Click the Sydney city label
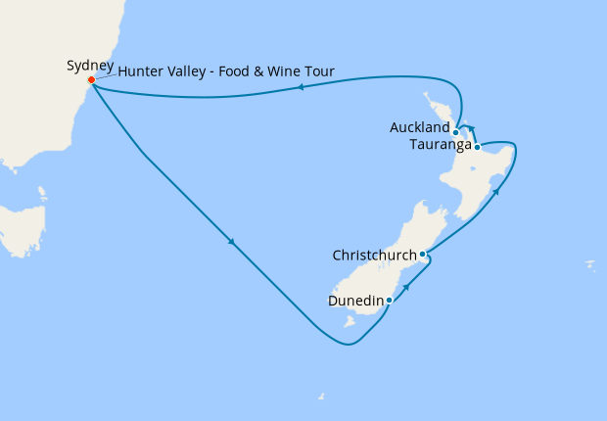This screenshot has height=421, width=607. (x=90, y=66)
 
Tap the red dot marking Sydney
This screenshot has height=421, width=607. (x=91, y=80)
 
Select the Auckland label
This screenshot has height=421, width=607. (x=420, y=127)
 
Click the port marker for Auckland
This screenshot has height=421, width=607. (x=456, y=131)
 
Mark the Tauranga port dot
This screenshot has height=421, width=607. (x=477, y=147)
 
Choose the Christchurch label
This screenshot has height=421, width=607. (x=373, y=256)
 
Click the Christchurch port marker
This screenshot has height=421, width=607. (x=422, y=256)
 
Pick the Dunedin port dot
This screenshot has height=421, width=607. (x=390, y=300)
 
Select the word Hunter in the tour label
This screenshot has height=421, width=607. (x=142, y=71)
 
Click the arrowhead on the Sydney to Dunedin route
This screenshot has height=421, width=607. (x=232, y=242)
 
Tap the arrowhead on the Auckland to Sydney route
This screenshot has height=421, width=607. (x=300, y=88)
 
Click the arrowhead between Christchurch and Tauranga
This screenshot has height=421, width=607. (x=496, y=191)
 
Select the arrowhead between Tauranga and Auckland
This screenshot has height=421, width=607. (x=471, y=127)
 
